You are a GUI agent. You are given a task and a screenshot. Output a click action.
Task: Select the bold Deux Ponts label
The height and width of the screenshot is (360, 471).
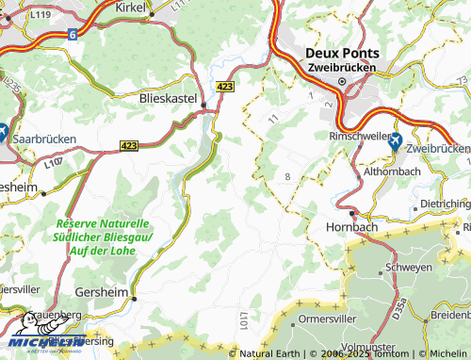point(341,53)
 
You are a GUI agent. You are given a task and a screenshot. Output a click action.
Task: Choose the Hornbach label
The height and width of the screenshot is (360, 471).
point(349,227)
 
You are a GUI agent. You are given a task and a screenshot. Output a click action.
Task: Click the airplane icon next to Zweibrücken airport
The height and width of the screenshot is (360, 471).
point(394,141)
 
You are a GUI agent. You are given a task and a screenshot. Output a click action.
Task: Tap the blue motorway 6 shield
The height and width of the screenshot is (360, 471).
point(72,34)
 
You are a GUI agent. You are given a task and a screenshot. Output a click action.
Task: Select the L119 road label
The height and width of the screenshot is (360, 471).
point(40,16)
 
